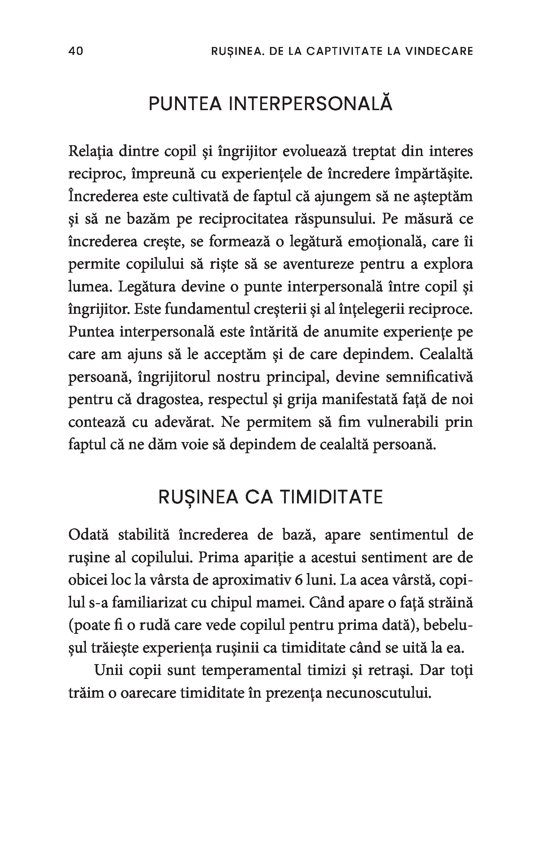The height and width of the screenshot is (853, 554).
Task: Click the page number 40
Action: point(75,51)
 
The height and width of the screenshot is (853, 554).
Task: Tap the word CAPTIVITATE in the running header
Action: point(340,51)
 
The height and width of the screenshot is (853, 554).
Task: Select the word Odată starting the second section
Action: point(88,535)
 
